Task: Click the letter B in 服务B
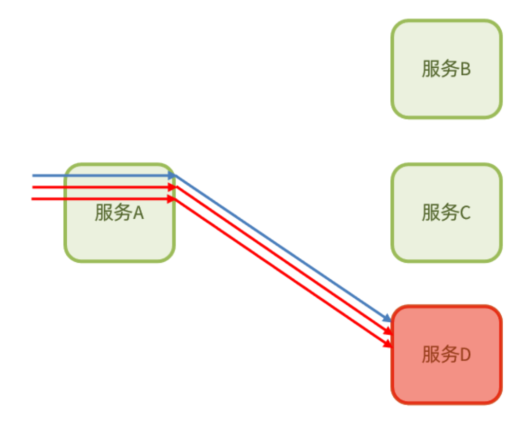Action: (x=465, y=69)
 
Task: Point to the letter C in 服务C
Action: (x=465, y=212)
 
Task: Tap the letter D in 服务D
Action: (x=465, y=355)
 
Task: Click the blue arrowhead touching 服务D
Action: (x=387, y=319)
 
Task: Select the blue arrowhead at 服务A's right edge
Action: (x=172, y=176)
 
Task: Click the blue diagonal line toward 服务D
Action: (x=282, y=248)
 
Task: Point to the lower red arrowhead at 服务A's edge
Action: (x=172, y=199)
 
